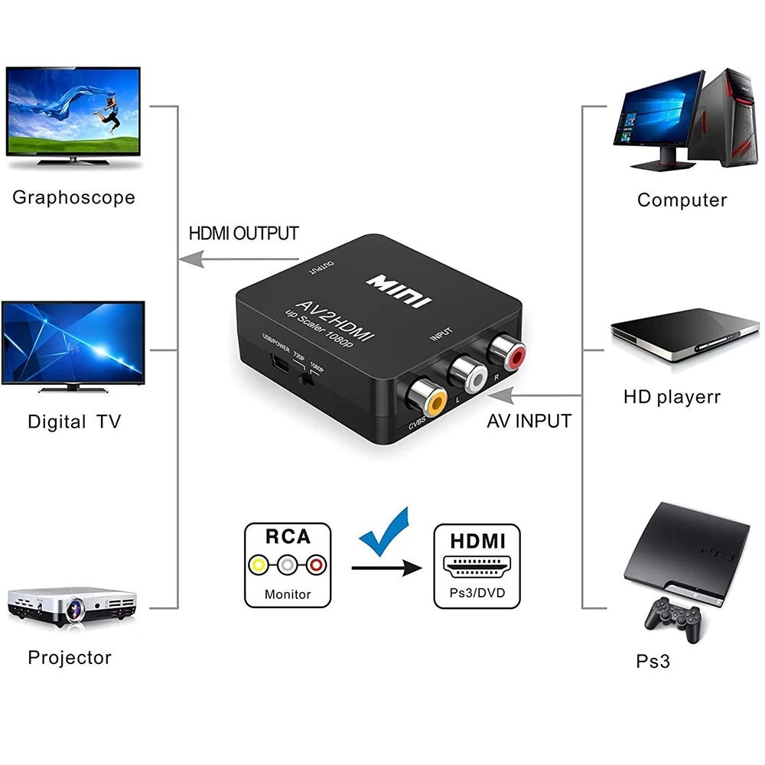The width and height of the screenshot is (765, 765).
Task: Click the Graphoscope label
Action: point(73,197)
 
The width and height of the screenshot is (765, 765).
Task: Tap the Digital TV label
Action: point(73,421)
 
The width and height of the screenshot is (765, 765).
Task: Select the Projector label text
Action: point(70,657)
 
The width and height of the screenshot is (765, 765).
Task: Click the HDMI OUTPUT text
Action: point(243,233)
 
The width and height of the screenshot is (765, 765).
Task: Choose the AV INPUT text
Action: point(529,420)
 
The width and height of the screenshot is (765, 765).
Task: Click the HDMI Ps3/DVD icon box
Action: point(477,565)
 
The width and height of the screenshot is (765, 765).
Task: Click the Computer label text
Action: point(682,200)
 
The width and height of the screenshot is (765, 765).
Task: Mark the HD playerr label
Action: point(672,397)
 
